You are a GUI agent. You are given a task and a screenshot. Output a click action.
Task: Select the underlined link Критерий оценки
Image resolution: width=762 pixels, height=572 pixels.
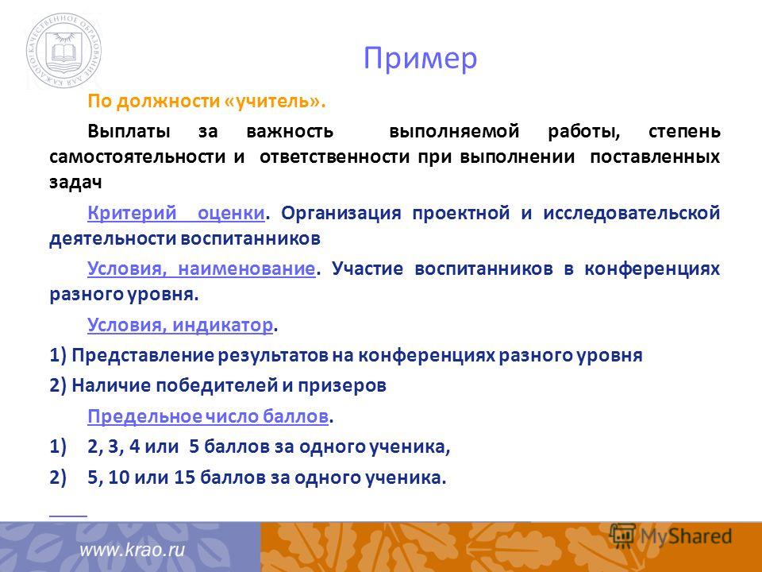coord(176,213)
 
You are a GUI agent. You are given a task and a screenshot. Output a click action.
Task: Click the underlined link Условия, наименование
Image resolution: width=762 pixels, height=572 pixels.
coord(201,269)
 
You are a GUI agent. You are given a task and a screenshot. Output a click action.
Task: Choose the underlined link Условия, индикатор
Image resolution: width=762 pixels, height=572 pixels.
coord(180,324)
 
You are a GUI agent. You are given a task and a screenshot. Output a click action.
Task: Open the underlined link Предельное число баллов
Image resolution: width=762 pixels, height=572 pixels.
coord(207,416)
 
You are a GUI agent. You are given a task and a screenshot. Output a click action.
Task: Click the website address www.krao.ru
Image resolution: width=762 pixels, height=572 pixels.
coord(133,550)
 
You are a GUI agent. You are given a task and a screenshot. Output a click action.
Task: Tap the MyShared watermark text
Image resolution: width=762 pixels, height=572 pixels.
coord(686,536)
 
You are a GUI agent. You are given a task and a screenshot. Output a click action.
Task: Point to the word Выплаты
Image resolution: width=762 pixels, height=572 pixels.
coord(129,132)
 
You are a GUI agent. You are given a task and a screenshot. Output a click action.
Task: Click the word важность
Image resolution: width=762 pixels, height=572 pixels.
coord(291,132)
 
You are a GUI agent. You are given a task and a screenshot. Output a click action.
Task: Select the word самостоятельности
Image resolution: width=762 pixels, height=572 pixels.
coord(137,157)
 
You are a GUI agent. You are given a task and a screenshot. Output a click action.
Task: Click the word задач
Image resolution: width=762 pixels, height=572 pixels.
coord(76,183)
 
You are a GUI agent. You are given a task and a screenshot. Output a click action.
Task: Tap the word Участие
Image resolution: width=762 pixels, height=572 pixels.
coord(368,269)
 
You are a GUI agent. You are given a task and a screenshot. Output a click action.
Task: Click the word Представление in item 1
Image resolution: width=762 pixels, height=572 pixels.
coord(142,355)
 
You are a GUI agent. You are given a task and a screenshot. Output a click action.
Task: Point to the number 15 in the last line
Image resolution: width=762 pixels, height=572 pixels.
coord(184,477)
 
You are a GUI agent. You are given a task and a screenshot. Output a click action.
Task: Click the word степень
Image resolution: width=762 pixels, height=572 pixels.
coord(684,132)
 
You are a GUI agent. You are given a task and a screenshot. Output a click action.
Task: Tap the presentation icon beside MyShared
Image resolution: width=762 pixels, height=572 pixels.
coord(622,535)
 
